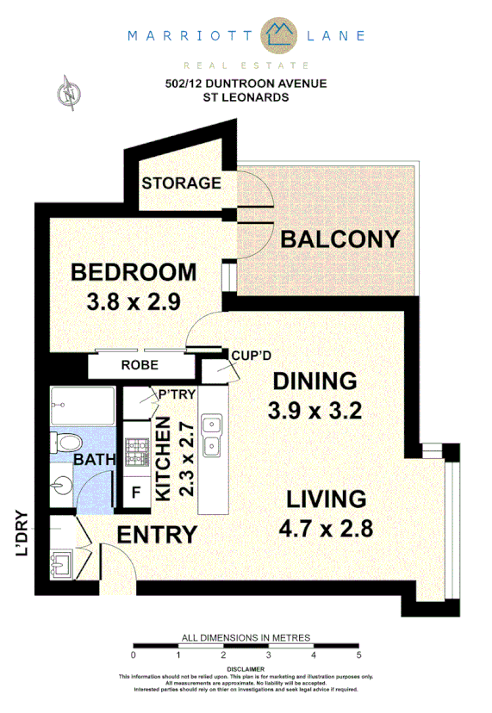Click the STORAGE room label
[x=181, y=183]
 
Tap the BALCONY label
[x=340, y=239]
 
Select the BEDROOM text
[x=134, y=273]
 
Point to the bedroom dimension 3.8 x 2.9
[x=133, y=302]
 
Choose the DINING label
[x=315, y=381]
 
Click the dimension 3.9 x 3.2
[x=315, y=410]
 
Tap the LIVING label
[x=327, y=499]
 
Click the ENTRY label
[x=157, y=535]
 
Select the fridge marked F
[x=135, y=494]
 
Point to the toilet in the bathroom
[x=63, y=443]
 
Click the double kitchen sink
[x=210, y=435]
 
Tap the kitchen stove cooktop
[x=137, y=448]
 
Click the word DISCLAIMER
[x=245, y=668]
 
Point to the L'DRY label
[x=22, y=535]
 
